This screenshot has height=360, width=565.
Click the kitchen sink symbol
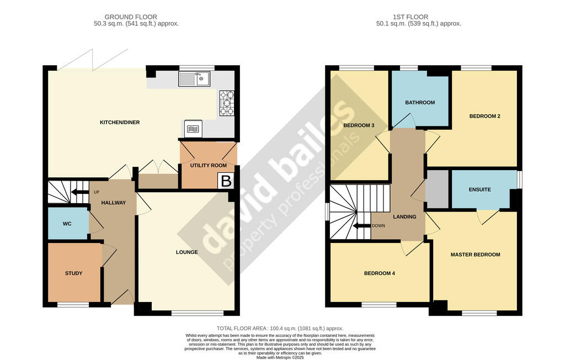[x=194, y=78]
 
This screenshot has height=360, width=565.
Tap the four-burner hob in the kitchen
[x=227, y=103]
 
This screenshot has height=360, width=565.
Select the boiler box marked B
[x=226, y=181]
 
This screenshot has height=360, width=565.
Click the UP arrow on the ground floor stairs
[x=79, y=192]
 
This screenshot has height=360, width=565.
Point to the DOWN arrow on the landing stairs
[x=362, y=226]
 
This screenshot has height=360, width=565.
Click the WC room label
[x=67, y=224]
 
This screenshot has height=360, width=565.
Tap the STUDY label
[x=73, y=273]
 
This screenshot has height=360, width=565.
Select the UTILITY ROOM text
[x=209, y=165]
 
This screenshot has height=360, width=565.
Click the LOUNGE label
[x=186, y=252]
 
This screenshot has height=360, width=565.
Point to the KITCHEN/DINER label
[x=120, y=122]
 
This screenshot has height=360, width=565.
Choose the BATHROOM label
[x=420, y=103]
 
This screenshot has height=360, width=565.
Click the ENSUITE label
[x=479, y=189]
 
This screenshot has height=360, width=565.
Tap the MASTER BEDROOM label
[x=475, y=255]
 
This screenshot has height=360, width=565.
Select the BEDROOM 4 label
[x=380, y=273]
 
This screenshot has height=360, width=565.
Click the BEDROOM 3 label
[x=359, y=125]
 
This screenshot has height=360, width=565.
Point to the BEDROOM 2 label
[x=484, y=116]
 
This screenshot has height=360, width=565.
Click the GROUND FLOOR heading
[x=131, y=17]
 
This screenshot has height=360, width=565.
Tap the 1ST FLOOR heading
[x=411, y=17]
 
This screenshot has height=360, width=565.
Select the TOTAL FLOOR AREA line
[x=280, y=329]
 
